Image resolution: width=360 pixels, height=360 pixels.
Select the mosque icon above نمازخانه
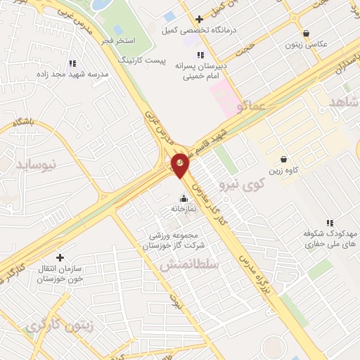pyautogui.click(x=184, y=198)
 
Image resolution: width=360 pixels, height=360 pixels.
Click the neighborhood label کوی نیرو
pyautogui.click(x=238, y=186)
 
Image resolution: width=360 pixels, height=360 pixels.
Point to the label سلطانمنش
pyautogui.click(x=189, y=265)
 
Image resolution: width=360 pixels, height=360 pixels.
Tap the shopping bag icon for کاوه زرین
pyautogui.click(x=283, y=160)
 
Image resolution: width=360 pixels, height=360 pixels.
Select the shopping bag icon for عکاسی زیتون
pyautogui.click(x=306, y=33)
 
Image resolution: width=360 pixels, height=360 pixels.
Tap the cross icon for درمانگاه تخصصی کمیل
pyautogui.click(x=200, y=19)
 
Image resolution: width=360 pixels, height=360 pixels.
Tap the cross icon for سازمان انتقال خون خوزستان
pyautogui.click(x=60, y=257)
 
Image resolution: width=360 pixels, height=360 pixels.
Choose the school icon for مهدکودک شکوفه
pyautogui.click(x=329, y=222)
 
